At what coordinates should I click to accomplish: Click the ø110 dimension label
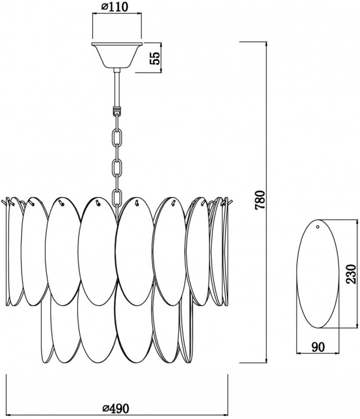coord(115,7)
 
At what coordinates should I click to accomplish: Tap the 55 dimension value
coord(155,57)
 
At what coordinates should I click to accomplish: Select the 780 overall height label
coord(260,200)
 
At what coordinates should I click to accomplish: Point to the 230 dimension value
coord(351,274)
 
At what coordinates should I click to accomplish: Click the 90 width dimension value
coord(318,347)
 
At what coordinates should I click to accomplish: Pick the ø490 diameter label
coord(116,408)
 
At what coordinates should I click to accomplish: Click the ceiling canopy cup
coord(117,55)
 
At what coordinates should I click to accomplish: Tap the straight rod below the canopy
coord(117,87)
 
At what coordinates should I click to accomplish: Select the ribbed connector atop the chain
coord(117,110)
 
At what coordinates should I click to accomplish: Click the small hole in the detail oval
coord(317,227)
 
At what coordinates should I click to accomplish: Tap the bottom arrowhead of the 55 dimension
coord(161,70)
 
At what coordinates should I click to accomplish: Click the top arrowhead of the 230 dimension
coord(356,223)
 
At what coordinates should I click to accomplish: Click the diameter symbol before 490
coord(106,409)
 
